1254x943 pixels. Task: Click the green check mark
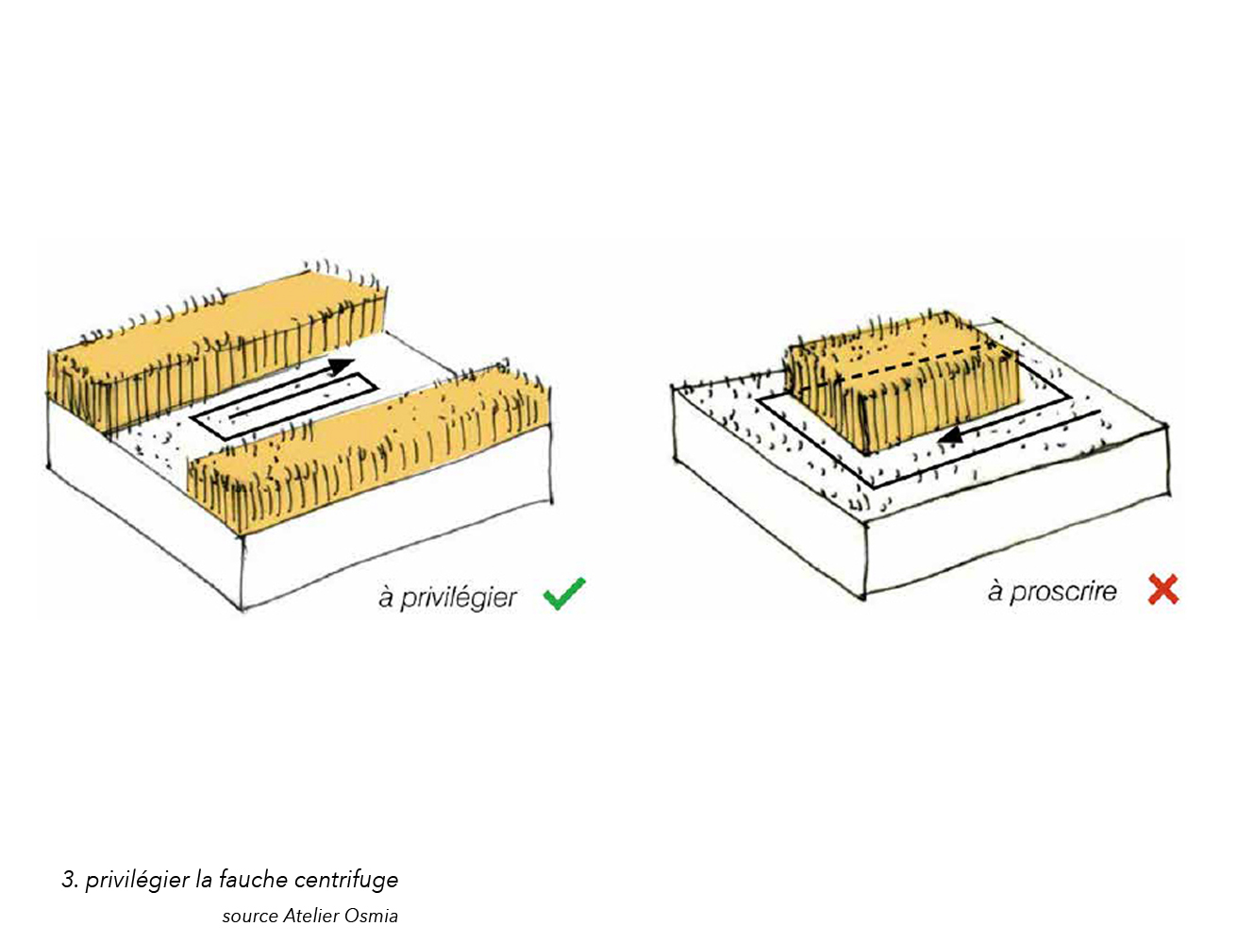point(564,594)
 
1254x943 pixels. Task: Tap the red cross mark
point(1163,589)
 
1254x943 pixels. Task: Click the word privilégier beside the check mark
point(459,598)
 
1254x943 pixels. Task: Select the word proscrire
point(1062,592)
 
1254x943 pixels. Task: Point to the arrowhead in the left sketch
point(342,366)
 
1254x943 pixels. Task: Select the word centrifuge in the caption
point(345,880)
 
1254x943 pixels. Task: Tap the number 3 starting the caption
point(69,880)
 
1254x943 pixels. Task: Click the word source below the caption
point(250,918)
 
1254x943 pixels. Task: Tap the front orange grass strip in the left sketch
point(369,451)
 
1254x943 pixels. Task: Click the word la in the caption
point(204,879)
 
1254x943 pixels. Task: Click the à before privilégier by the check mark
point(386,598)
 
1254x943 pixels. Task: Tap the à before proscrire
point(995,590)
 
